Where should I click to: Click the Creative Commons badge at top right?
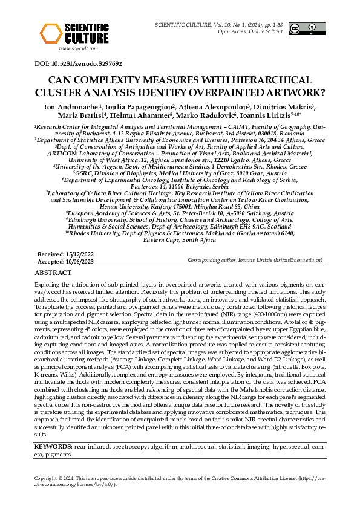coord(304,28)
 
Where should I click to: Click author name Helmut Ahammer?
coord(163,115)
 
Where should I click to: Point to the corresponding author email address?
coord(300,260)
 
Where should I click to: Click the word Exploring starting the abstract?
coord(48,284)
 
